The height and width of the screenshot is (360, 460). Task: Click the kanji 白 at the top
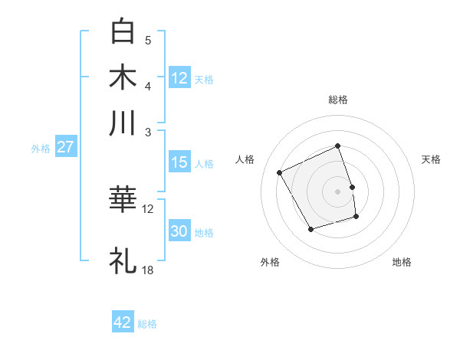click(123, 31)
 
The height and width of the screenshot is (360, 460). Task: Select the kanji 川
click(123, 123)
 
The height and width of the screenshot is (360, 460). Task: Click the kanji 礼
click(123, 260)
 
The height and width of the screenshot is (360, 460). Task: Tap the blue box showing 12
click(179, 77)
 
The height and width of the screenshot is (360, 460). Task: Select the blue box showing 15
click(179, 162)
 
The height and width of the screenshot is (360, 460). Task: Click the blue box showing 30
click(179, 231)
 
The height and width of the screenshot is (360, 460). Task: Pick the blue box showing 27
click(65, 148)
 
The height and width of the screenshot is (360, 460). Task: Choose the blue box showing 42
click(123, 322)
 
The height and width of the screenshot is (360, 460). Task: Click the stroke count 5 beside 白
click(148, 40)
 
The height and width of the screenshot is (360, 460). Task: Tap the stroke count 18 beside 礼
click(148, 270)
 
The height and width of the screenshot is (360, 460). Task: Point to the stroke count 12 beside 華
click(148, 208)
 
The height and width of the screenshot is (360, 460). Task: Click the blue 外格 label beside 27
click(41, 149)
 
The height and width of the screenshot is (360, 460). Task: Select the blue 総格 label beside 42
click(147, 324)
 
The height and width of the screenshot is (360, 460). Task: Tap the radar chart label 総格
click(338, 100)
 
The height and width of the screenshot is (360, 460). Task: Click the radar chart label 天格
click(432, 159)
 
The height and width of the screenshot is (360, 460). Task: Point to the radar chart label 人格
click(245, 159)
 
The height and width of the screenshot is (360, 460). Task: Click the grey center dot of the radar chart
click(338, 191)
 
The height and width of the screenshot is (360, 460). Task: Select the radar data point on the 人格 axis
click(280, 173)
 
